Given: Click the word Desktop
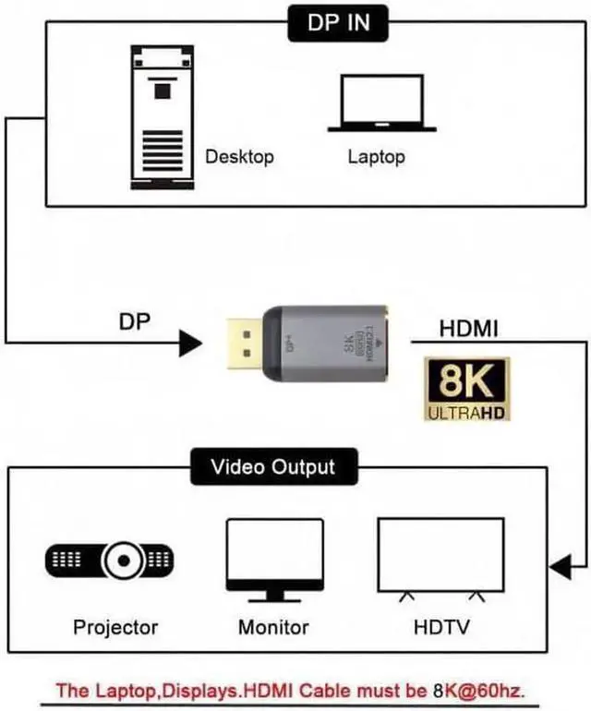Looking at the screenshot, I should coord(239,156).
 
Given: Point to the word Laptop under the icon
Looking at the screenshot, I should coord(376,156).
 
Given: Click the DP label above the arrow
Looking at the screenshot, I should coord(135,322).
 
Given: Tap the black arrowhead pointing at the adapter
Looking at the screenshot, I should coord(189,344).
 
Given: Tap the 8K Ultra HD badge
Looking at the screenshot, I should coord(467,390).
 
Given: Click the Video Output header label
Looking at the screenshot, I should coord(272,467).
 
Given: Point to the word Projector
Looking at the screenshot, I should coord(115,627).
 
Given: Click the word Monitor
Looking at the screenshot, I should coord(272,627).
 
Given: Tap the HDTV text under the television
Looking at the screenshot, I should coord(440,627).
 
